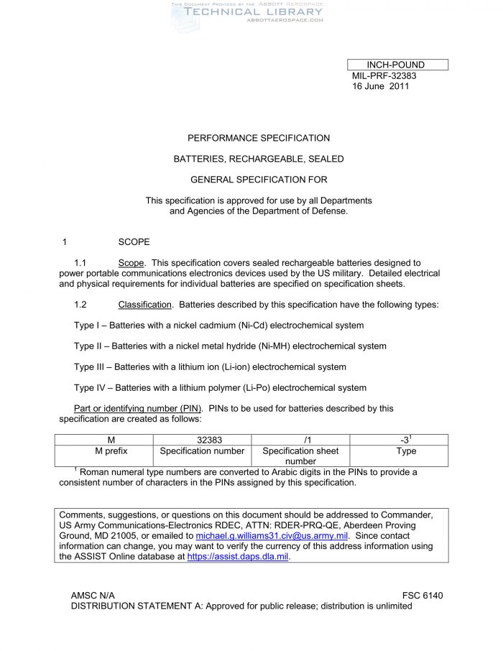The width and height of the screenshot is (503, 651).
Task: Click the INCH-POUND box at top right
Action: coord(397,65)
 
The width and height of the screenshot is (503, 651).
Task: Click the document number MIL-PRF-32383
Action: coord(384,75)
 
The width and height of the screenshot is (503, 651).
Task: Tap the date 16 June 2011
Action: coord(381,86)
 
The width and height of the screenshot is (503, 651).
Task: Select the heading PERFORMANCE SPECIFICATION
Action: coord(259,138)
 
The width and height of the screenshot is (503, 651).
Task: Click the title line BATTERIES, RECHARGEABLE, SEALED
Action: coord(259,159)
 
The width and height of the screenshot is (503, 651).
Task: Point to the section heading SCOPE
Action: coord(134,242)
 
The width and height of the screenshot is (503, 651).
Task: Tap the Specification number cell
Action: coord(202,451)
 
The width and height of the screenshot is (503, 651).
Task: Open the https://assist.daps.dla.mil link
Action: coord(238,556)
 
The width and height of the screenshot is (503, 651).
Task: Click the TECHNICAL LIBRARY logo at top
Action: coord(244,12)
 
